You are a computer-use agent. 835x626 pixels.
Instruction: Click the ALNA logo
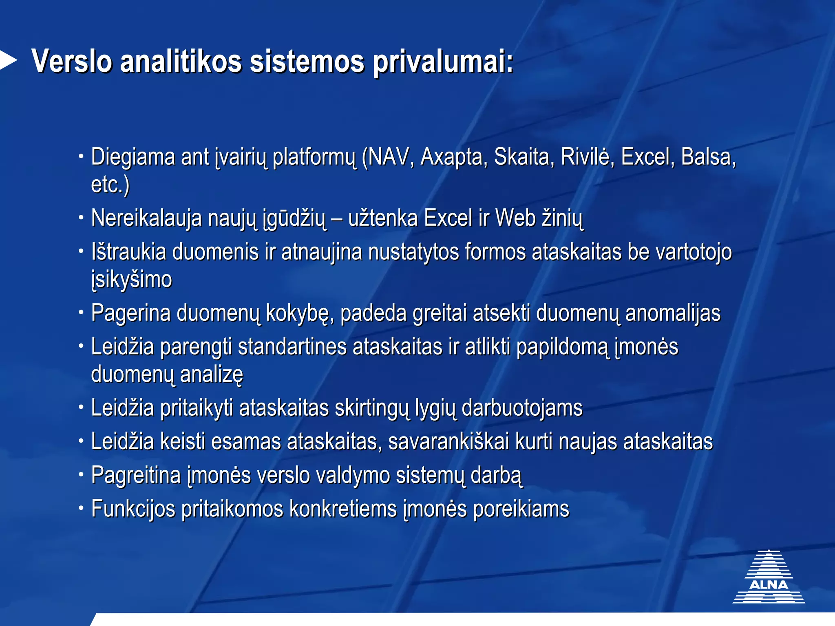769,577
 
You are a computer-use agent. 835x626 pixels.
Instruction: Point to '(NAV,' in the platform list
388,157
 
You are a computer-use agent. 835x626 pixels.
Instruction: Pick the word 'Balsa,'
709,157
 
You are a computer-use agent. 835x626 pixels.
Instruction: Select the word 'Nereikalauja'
146,218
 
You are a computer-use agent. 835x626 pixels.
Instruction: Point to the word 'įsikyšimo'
131,280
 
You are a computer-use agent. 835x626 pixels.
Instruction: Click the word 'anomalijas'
673,313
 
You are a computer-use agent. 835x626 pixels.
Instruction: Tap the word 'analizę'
211,375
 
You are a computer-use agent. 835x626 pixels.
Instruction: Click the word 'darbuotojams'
522,408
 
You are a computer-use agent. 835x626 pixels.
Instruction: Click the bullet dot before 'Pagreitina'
81,474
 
